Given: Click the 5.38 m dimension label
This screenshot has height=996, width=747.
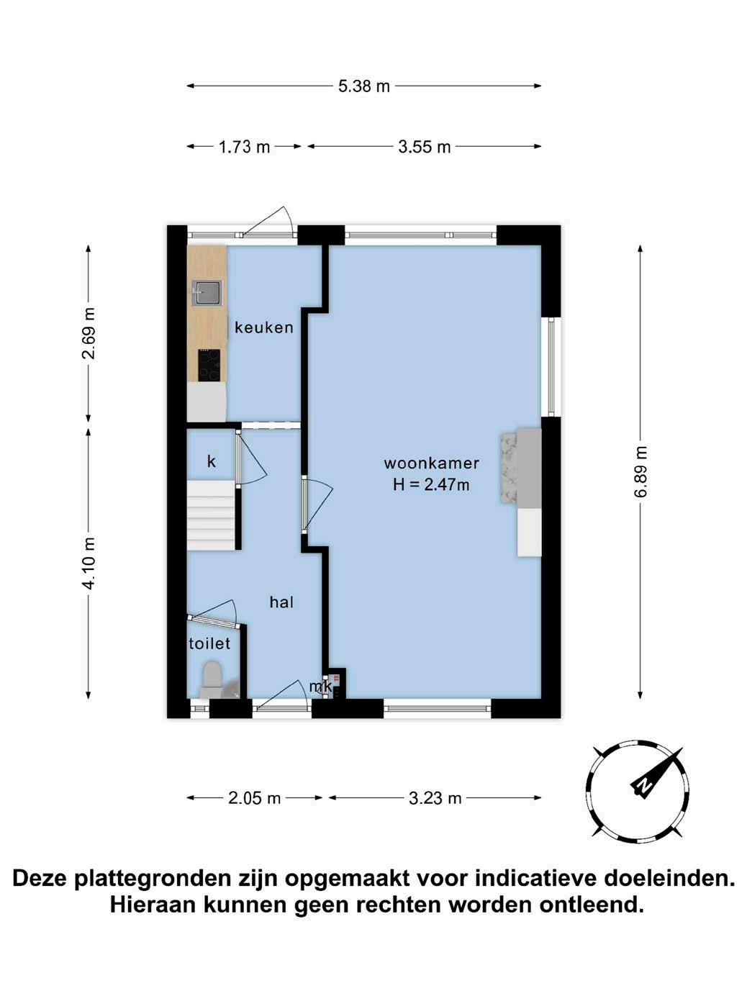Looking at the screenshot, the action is [363, 86].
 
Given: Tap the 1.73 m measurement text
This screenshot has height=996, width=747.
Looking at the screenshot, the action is [244, 147].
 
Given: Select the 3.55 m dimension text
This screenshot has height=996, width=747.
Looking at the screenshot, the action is [425, 147].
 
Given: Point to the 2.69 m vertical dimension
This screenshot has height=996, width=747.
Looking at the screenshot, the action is [89, 333].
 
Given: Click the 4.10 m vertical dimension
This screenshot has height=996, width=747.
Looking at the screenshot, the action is [89, 563].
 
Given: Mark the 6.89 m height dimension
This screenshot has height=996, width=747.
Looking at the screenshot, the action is [640, 472].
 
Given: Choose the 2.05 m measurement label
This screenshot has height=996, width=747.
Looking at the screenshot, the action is [255, 798].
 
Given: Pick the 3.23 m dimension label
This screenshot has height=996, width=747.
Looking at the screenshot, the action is [435, 798].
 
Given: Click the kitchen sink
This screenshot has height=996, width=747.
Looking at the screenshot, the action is [207, 293].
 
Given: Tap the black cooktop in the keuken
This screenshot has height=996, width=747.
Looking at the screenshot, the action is [209, 366].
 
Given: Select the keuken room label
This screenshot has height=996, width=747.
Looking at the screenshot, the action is [264, 327].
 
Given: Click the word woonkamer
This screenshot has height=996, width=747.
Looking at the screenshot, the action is [431, 463].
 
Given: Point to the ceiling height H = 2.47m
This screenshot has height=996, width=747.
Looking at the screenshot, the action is [431, 485].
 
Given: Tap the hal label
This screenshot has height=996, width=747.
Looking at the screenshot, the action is [281, 602].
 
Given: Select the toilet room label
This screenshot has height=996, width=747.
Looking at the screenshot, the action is [209, 643].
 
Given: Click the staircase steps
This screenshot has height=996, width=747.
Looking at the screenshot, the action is [212, 515].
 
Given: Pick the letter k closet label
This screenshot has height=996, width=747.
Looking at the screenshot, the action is [212, 461].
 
